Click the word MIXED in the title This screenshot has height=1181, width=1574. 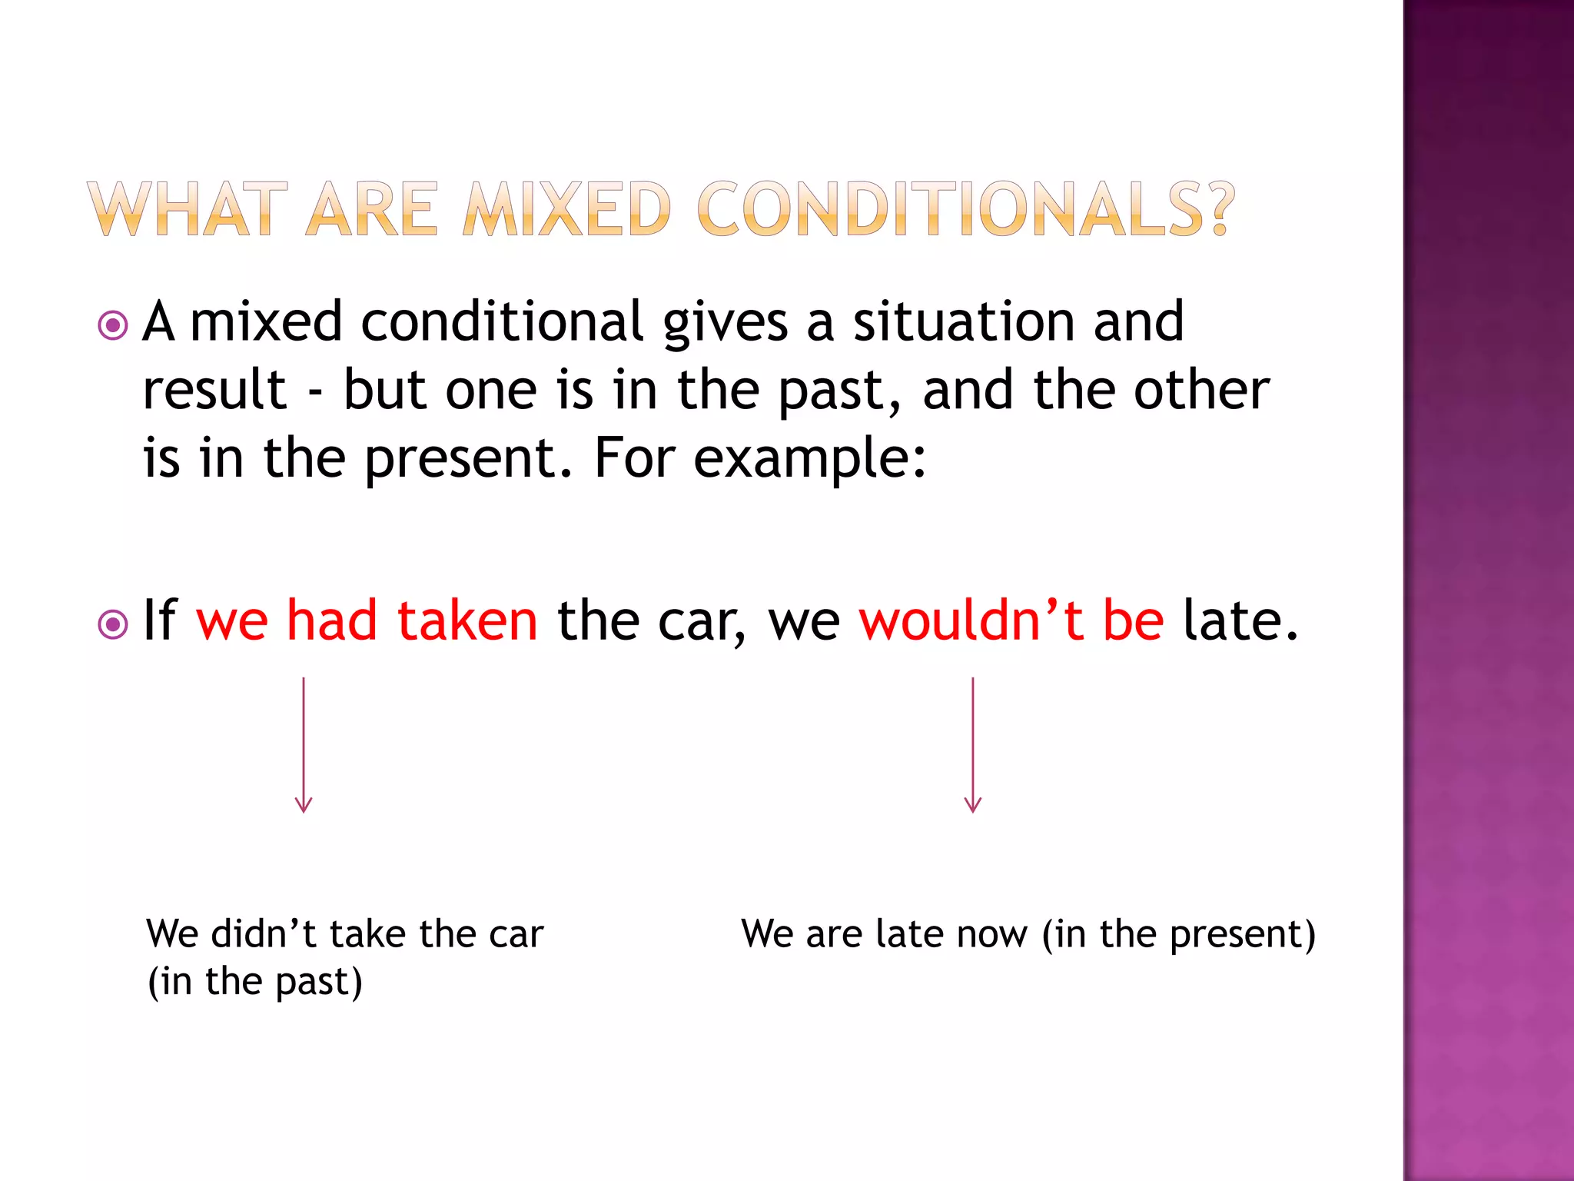pyautogui.click(x=567, y=209)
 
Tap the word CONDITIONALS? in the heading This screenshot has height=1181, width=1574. pyautogui.click(x=965, y=209)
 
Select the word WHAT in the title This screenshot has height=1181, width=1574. pyautogui.click(x=187, y=209)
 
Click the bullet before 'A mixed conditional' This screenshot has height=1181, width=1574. pyautogui.click(x=113, y=325)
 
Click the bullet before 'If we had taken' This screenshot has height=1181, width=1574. pyautogui.click(x=113, y=624)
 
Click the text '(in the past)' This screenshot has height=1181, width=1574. pyautogui.click(x=254, y=982)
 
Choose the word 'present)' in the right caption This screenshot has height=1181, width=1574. pyautogui.click(x=1243, y=936)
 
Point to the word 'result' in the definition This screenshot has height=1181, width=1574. pyautogui.click(x=214, y=390)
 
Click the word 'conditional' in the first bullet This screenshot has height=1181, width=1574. pyautogui.click(x=501, y=321)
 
